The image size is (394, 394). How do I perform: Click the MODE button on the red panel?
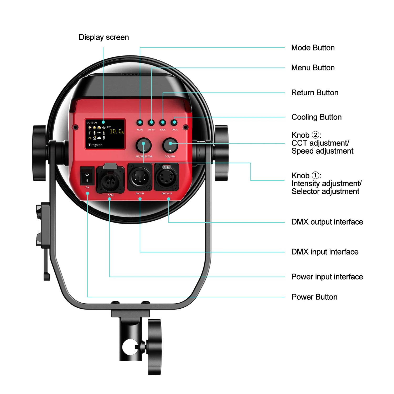[x=140, y=122]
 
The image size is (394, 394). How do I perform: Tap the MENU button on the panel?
[x=151, y=122]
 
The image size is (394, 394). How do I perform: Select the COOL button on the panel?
[x=174, y=122]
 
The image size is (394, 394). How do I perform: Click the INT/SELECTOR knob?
[x=143, y=145]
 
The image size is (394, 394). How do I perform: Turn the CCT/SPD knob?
[x=170, y=145]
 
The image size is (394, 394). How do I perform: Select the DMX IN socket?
[x=140, y=177]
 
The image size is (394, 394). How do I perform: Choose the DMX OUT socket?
[x=167, y=177]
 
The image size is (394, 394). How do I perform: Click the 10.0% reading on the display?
[x=116, y=131]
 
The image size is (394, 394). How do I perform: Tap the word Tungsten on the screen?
[x=95, y=145]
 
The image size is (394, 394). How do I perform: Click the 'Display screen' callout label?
[x=104, y=37]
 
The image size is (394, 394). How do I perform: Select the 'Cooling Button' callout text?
[x=316, y=117]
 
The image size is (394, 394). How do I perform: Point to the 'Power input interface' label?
[x=327, y=277]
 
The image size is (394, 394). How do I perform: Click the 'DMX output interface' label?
[x=327, y=222]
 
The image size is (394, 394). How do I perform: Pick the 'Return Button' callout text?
[x=315, y=93]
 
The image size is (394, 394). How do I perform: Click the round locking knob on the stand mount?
[x=155, y=347]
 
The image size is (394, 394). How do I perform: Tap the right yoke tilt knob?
[x=221, y=153]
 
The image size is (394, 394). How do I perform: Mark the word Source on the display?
[x=92, y=122]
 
